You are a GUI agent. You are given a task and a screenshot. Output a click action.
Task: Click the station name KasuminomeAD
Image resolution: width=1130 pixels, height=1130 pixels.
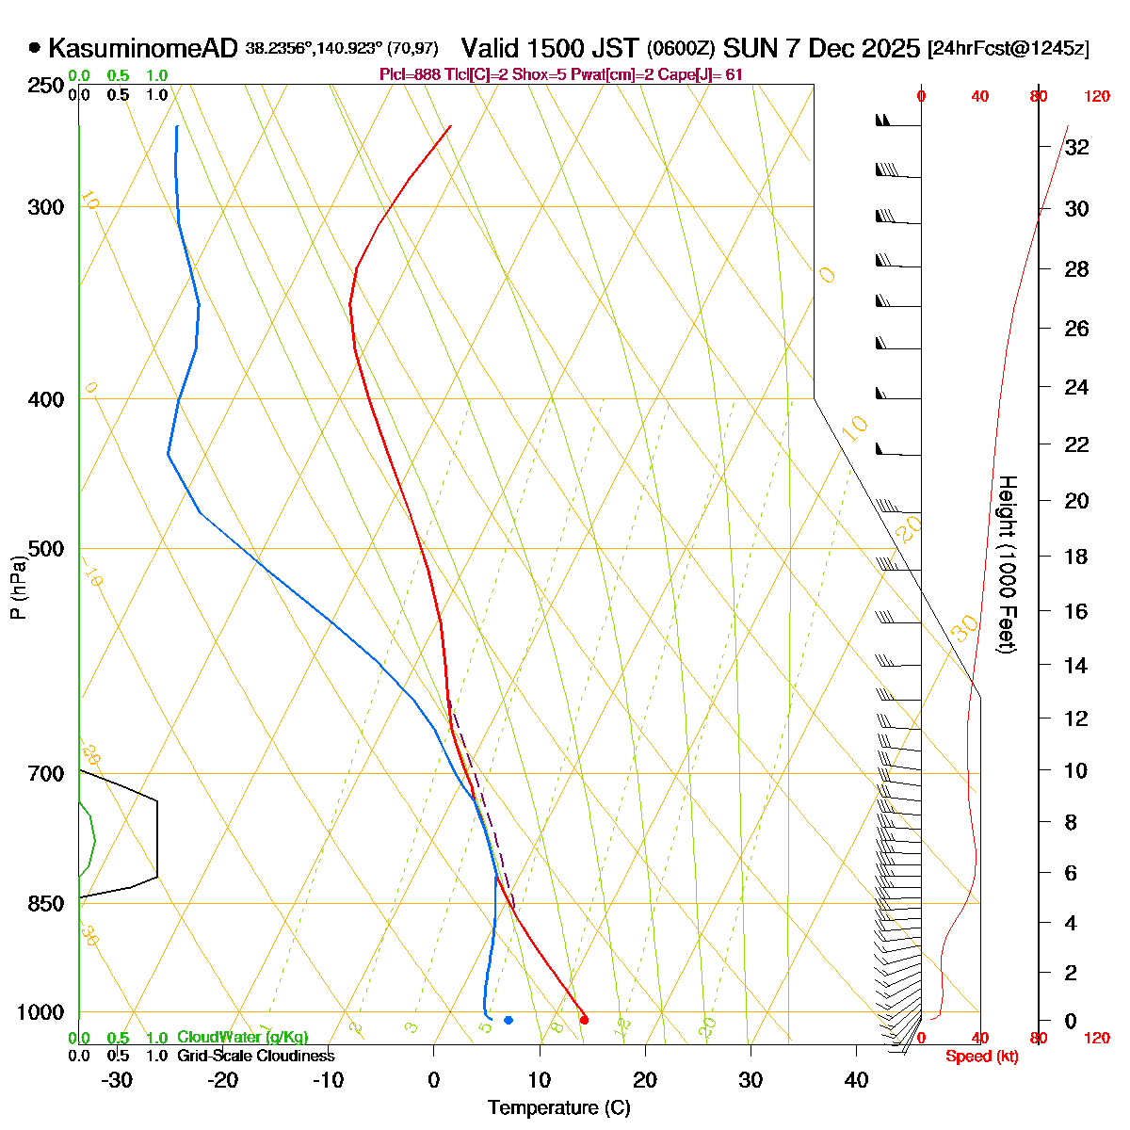[x=142, y=48]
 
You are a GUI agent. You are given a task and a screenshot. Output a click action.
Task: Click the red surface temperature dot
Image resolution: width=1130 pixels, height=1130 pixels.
[x=584, y=1020]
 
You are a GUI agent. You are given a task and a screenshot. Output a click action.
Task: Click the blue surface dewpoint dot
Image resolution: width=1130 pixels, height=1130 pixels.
[x=508, y=1020]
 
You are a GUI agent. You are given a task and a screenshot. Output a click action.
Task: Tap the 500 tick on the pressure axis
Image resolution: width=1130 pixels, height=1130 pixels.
[x=46, y=549]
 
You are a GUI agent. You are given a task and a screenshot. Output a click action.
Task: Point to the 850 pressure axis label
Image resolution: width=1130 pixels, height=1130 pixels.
[x=46, y=904]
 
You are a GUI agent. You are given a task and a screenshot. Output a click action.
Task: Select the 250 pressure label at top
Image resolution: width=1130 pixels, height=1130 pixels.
[x=46, y=86]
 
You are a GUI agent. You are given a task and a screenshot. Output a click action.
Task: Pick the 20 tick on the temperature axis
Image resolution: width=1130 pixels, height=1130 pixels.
[x=645, y=1080]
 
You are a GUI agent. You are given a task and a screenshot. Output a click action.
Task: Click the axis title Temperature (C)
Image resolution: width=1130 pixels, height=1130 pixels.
[x=559, y=1107]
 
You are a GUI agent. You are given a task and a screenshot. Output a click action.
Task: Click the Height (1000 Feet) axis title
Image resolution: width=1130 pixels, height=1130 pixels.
[x=1007, y=565]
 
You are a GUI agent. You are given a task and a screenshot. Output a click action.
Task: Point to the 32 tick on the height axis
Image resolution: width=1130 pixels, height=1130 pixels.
[x=1077, y=148]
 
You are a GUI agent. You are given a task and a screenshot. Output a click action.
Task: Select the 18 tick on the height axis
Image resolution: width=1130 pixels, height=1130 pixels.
[x=1077, y=557]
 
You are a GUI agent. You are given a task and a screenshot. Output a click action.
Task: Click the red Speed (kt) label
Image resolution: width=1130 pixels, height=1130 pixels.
[x=982, y=1057]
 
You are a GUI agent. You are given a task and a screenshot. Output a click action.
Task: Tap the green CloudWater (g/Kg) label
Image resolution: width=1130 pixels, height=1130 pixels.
[x=242, y=1038]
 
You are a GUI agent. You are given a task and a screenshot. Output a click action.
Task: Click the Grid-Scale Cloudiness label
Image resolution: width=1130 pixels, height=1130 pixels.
[x=255, y=1057]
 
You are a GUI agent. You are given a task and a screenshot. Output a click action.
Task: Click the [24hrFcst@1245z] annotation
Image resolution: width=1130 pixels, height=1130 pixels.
[x=1008, y=49]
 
